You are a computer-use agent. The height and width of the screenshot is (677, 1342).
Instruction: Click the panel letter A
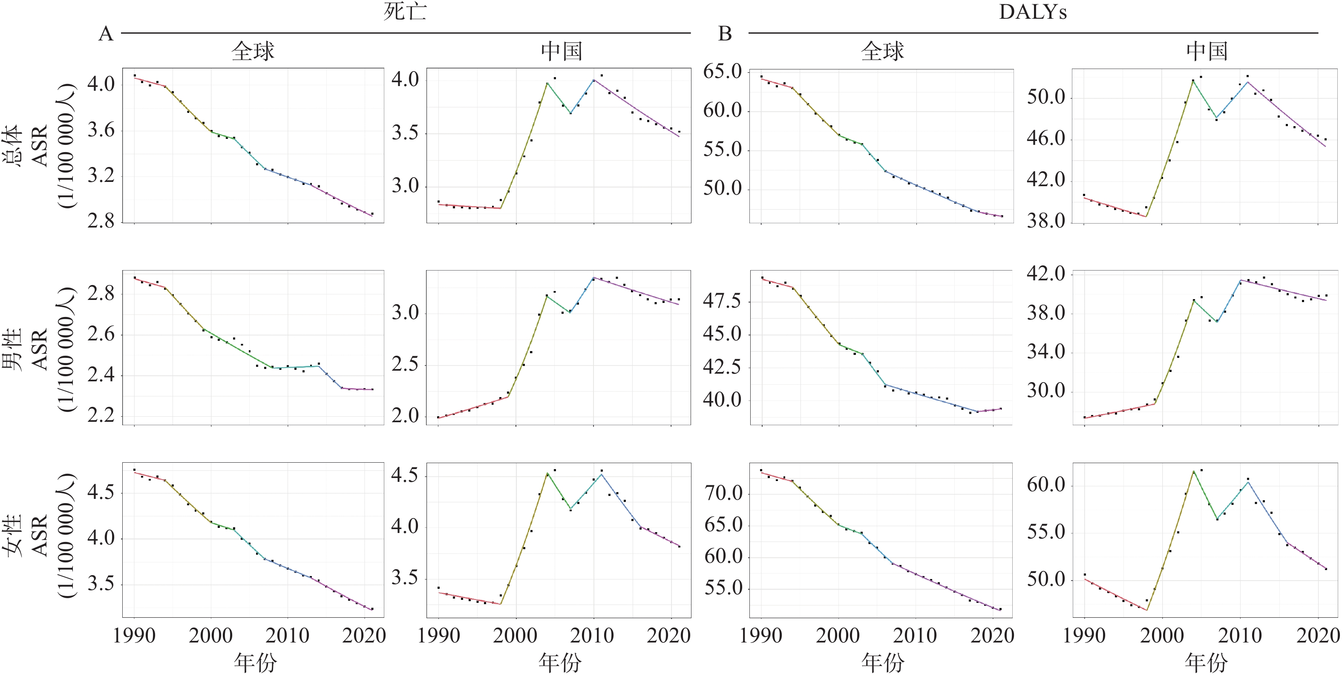point(106,34)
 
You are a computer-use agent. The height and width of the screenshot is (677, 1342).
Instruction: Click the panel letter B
point(725,34)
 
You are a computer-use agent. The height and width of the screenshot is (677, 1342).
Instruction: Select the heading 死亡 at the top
point(405,12)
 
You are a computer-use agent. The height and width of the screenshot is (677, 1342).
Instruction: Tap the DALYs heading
point(1033,12)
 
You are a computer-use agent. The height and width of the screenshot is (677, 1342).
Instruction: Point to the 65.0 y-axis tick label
point(723,72)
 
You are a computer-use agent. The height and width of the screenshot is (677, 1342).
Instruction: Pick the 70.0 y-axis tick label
point(724,493)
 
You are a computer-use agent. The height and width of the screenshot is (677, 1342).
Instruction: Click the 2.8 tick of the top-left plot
point(101,222)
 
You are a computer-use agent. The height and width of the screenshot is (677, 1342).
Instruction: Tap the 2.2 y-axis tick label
point(101,415)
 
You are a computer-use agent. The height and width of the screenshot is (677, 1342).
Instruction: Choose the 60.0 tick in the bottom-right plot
point(1045,485)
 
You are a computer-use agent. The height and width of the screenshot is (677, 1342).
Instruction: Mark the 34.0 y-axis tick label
point(1045,352)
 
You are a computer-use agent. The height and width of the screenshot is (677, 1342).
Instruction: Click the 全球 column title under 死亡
point(253,51)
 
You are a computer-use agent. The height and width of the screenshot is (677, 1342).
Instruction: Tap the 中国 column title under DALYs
point(1207,51)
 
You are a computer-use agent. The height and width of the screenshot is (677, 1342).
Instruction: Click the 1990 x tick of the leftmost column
point(134,636)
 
